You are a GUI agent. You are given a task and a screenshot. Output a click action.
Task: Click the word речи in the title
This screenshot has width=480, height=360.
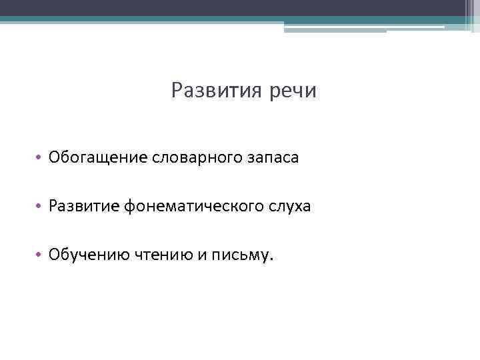(293, 91)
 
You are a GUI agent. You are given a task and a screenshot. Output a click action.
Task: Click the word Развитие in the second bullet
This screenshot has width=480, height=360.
(85, 207)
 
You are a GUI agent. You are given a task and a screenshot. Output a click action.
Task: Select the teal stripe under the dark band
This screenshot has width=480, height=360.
(200, 19)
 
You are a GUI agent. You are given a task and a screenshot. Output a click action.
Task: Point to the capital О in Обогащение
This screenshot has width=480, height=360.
(55, 158)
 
